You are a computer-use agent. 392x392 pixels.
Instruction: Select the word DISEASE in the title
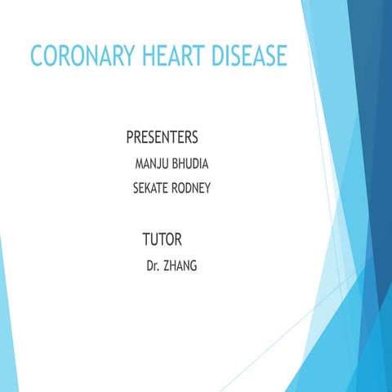coord(248,56)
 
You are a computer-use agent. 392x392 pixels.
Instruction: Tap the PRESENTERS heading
coord(163,135)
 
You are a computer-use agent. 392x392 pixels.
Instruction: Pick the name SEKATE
coord(153,189)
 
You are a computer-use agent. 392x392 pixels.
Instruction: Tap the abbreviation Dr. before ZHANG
coord(153,266)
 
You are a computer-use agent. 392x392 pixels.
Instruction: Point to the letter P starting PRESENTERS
coord(131,135)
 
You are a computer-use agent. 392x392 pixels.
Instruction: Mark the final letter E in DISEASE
coord(281,56)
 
